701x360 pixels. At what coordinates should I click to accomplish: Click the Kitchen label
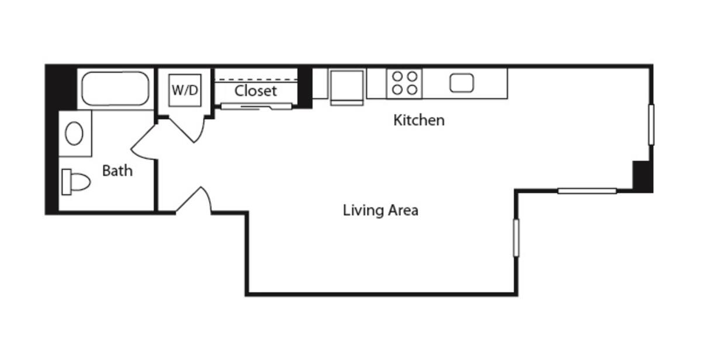pos(419,120)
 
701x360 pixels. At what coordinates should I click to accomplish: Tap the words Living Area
pos(380,210)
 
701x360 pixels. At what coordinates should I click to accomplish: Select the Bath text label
pos(117,171)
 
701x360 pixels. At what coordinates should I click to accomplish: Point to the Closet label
pos(255,91)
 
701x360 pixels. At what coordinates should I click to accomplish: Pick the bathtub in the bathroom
pos(115,89)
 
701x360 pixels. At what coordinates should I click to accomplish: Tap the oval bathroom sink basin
pos(74,134)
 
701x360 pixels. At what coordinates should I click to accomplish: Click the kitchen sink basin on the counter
pos(461,83)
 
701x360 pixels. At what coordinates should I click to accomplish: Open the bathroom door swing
pos(143,143)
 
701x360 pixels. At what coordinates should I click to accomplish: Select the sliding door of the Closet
pos(256,106)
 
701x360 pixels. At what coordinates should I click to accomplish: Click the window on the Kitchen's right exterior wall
pos(651,124)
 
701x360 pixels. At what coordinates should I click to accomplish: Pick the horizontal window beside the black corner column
pos(587,191)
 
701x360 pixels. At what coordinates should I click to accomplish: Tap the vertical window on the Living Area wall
pos(516,237)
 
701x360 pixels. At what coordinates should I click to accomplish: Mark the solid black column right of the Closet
pos(304,86)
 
